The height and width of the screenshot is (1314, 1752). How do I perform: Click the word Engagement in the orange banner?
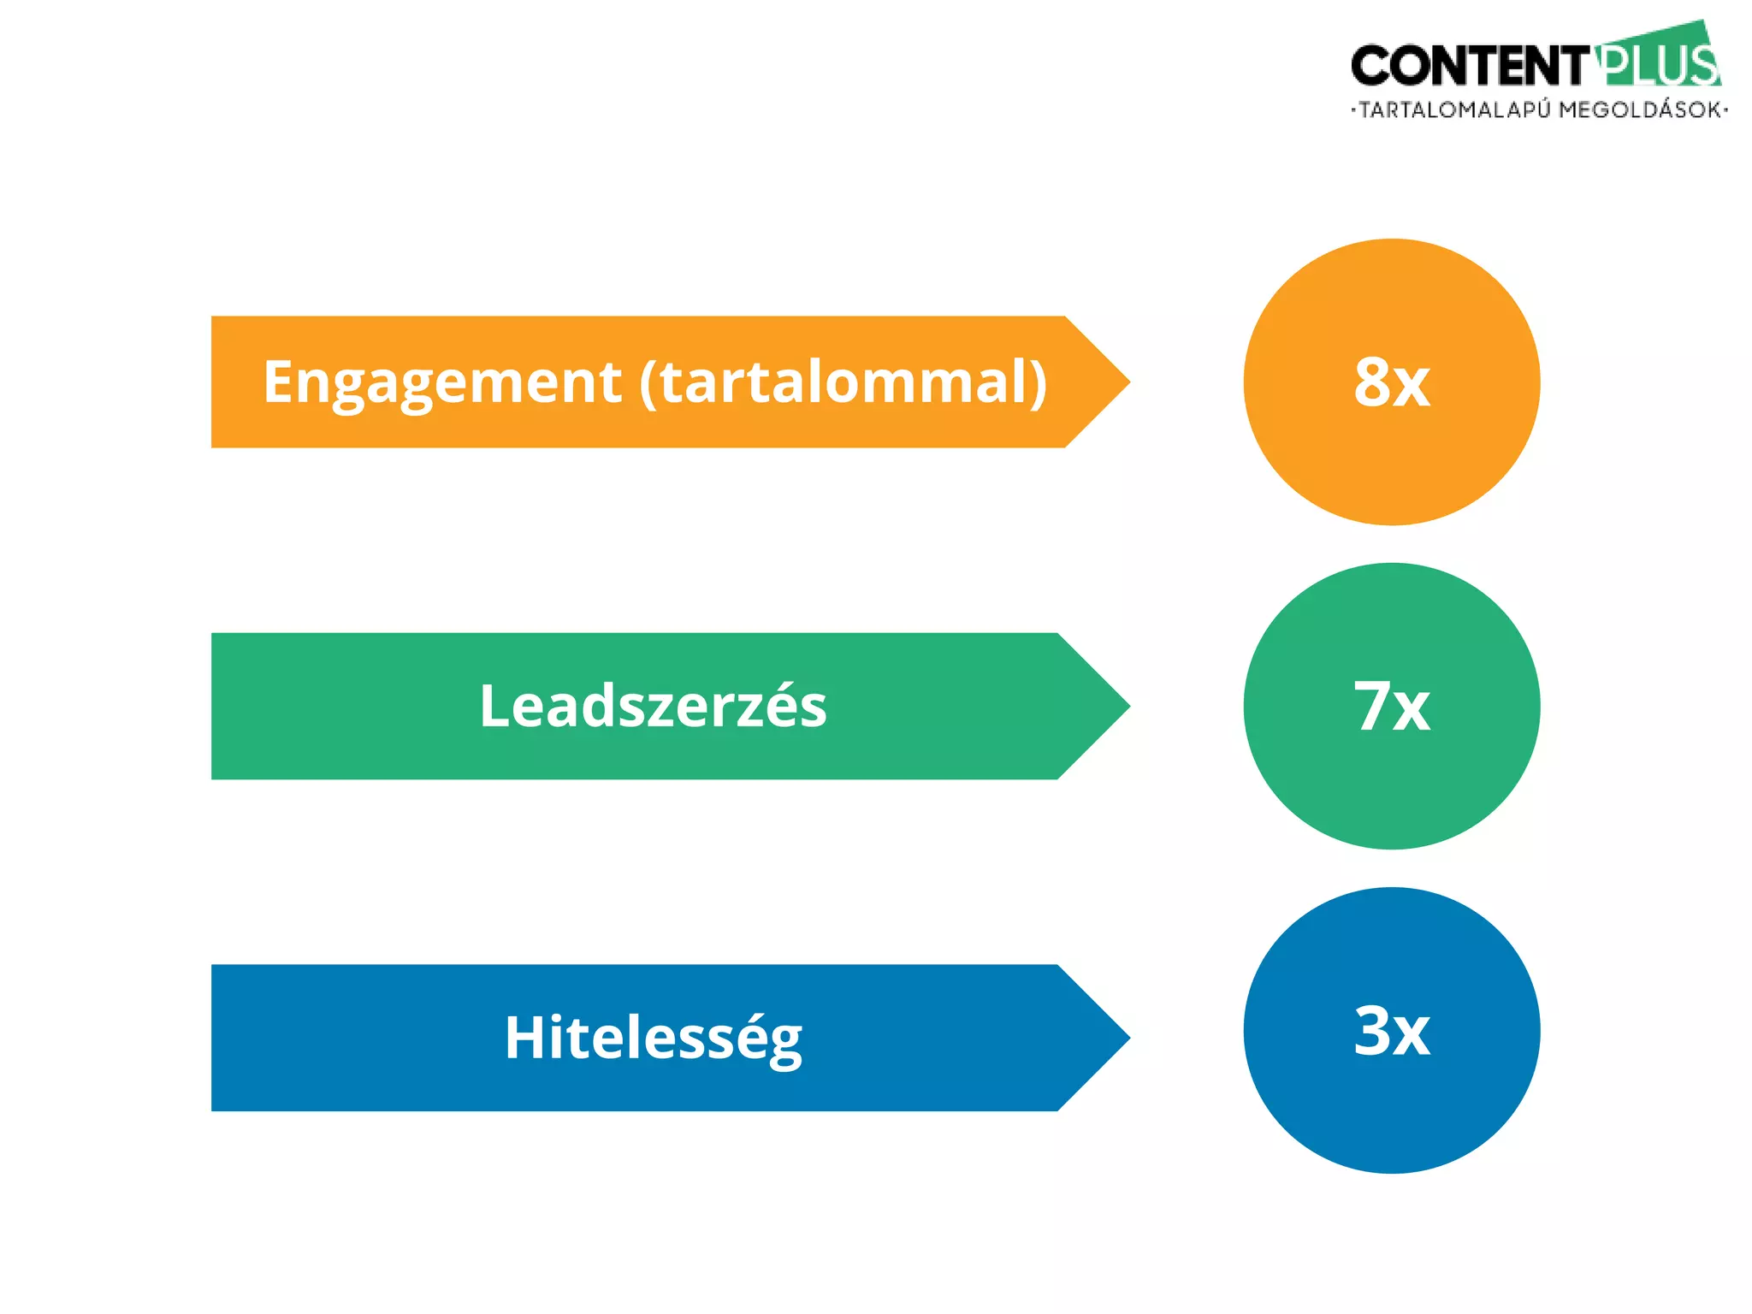tap(441, 382)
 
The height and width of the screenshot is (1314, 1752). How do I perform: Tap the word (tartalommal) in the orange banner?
tap(843, 382)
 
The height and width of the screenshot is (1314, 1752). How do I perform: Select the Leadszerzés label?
tap(653, 707)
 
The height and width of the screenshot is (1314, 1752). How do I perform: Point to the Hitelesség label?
tap(653, 1038)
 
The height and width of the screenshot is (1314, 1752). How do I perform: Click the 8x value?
tap(1392, 382)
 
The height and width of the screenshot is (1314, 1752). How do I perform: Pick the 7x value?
tap(1392, 707)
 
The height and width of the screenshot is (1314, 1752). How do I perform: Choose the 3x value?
tap(1392, 1031)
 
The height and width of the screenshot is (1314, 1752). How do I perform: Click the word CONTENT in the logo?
tap(1468, 67)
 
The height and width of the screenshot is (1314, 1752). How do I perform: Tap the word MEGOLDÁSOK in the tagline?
tap(1639, 110)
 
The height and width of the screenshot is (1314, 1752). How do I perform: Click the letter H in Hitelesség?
tap(523, 1038)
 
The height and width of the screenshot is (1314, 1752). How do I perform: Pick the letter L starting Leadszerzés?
tap(494, 707)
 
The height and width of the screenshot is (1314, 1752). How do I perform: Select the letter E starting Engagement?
tap(279, 382)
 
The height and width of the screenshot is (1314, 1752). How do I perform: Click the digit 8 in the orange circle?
tap(1373, 382)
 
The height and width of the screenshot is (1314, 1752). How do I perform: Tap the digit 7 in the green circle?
tap(1373, 707)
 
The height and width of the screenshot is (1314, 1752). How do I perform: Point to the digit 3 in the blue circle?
tap(1373, 1031)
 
